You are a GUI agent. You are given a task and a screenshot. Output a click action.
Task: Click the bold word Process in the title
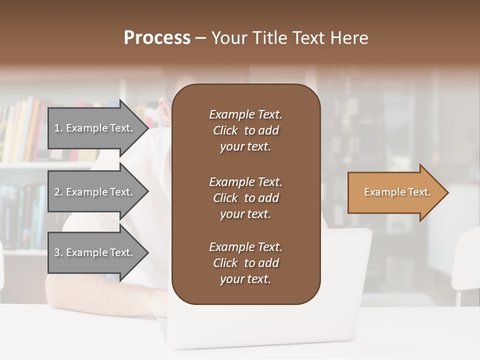(x=157, y=38)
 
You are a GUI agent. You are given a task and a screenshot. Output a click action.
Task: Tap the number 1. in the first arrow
(x=58, y=128)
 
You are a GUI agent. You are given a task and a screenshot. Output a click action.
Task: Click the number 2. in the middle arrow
(x=58, y=192)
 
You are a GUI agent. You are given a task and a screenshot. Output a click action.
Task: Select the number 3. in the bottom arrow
(x=58, y=252)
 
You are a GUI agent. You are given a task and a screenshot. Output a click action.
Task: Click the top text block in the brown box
(x=245, y=130)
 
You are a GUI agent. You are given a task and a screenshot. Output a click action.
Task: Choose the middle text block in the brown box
(x=245, y=198)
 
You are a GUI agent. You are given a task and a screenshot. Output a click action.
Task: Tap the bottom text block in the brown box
(x=245, y=263)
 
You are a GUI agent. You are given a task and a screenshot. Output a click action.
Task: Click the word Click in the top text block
(x=225, y=130)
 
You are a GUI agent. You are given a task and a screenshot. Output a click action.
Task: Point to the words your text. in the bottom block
(x=245, y=279)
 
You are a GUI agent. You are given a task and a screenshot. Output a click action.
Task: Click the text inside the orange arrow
(x=397, y=192)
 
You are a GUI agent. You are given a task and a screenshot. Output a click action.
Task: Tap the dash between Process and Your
(x=201, y=38)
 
